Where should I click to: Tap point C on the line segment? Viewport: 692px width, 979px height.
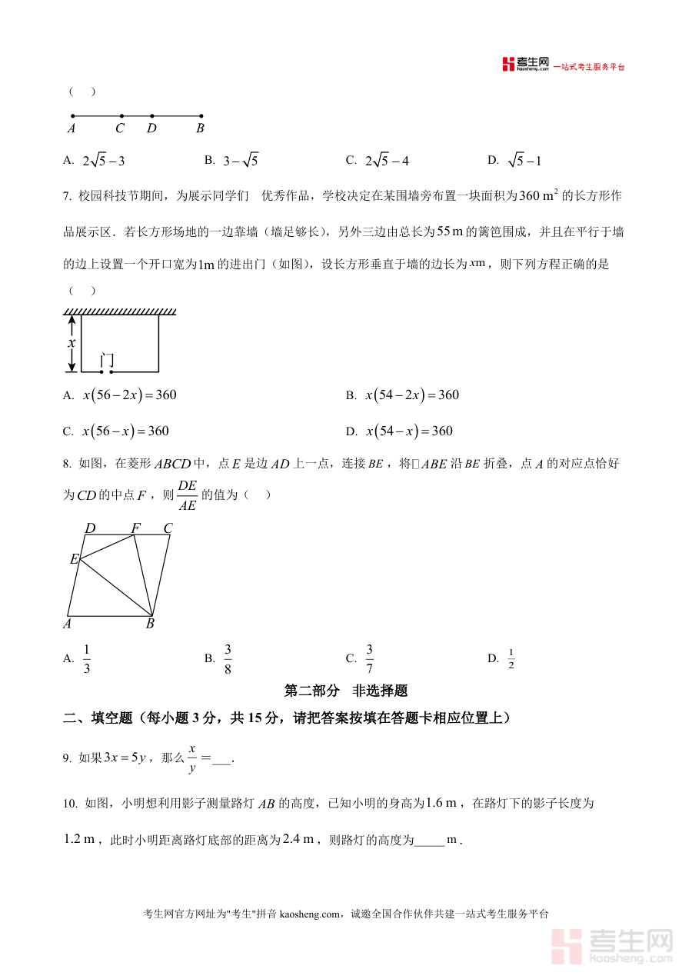[x=121, y=117]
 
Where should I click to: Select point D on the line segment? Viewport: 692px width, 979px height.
[x=152, y=117]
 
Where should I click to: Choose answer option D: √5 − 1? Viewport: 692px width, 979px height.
[x=524, y=161]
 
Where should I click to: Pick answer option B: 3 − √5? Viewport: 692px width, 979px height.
[x=241, y=161]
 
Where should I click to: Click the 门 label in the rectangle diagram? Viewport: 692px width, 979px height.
[x=108, y=359]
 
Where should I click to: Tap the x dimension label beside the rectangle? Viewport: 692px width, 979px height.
[x=72, y=343]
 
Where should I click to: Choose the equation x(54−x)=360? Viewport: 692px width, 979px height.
[x=409, y=431]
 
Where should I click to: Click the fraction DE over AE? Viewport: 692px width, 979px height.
[x=187, y=495]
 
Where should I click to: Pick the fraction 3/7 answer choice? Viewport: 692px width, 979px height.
[x=369, y=658]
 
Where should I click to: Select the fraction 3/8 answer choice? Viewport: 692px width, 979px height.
[x=228, y=658]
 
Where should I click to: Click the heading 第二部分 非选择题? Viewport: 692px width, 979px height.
[x=346, y=691]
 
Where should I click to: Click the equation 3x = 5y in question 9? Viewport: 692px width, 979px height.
[x=125, y=758]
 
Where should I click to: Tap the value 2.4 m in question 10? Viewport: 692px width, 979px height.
[x=297, y=839]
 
